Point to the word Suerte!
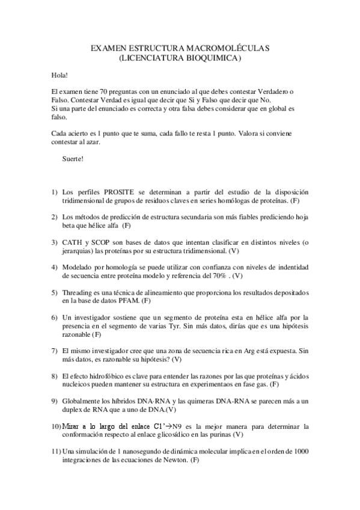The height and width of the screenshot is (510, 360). pos(73,159)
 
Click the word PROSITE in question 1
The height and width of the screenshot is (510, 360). pos(105,191)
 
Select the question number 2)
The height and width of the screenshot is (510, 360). pos(54,217)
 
